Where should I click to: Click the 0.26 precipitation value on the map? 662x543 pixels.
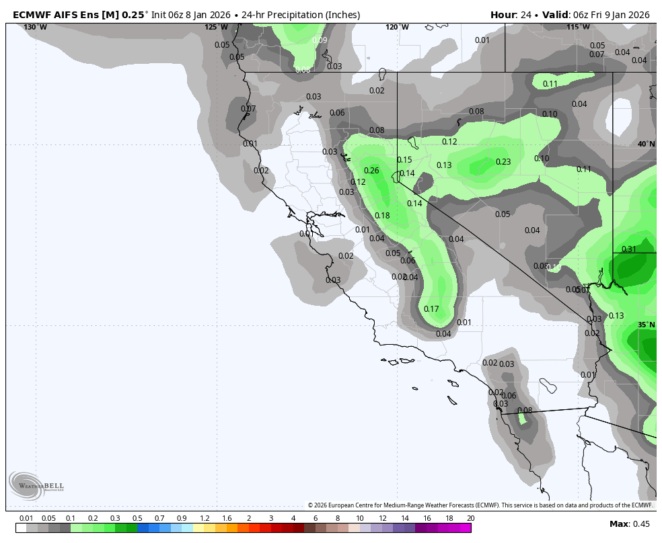(x=371, y=171)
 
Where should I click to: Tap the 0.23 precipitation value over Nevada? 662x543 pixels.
(x=503, y=162)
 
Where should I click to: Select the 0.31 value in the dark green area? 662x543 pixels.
(x=628, y=249)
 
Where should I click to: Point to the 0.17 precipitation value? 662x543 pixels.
(x=431, y=309)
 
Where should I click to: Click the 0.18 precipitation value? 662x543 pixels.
(x=382, y=216)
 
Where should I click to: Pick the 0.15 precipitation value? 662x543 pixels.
(x=404, y=160)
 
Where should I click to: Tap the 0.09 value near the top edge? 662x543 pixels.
(x=320, y=40)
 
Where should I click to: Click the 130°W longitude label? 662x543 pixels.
(x=36, y=27)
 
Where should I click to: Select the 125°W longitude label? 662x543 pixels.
(x=216, y=27)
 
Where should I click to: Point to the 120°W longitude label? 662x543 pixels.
(x=397, y=27)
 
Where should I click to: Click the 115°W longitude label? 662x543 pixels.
(x=578, y=27)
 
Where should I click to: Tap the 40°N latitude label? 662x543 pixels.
(x=646, y=144)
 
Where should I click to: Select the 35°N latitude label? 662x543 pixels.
(x=646, y=325)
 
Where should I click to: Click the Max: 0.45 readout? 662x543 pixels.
(x=630, y=524)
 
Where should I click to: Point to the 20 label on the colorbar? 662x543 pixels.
(x=470, y=518)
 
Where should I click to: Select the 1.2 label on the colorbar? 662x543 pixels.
(x=205, y=518)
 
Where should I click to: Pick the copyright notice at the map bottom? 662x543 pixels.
(x=480, y=505)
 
